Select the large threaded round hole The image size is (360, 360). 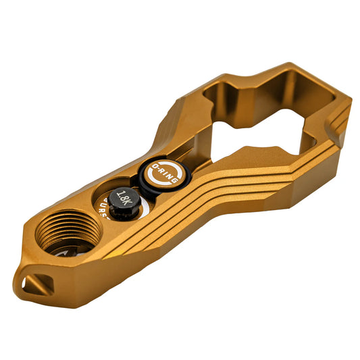click(66, 232)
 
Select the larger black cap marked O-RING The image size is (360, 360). click(165, 177)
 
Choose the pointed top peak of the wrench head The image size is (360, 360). click(290, 68)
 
